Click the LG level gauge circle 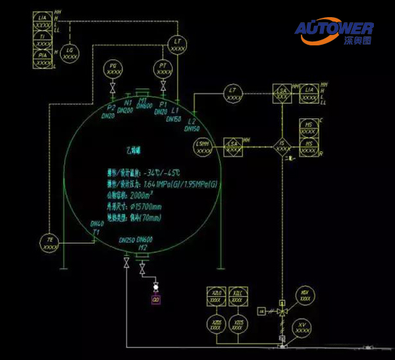pos(70,53)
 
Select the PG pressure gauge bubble pos(113,68)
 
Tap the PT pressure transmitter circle pos(162,68)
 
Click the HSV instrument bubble pos(304,296)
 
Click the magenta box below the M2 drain pos(156,300)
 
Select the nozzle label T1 pos(95,232)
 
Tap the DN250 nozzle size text pos(126,240)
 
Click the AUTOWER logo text pos(334,28)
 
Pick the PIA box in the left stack pos(43,57)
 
